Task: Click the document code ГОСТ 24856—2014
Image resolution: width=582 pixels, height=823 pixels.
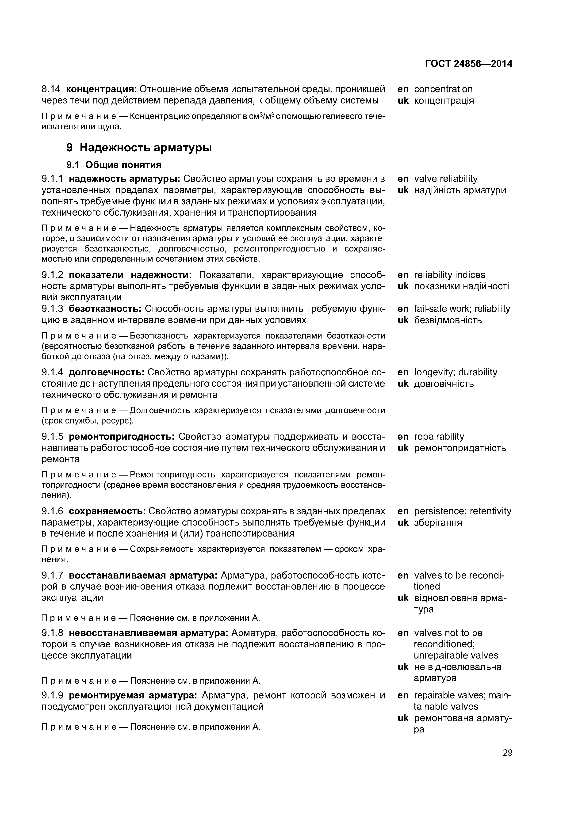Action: tap(468, 64)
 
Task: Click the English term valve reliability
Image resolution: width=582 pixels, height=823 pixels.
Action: tap(446, 179)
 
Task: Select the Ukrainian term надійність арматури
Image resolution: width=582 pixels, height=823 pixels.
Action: tap(460, 190)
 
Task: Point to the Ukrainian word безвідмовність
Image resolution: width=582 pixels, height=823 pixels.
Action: tap(448, 320)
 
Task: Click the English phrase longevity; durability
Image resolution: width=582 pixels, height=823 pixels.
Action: tap(456, 372)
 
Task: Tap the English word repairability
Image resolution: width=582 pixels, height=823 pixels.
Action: tap(439, 437)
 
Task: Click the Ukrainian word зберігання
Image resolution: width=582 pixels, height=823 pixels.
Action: tap(438, 523)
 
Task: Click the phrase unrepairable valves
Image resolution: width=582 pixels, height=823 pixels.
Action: tap(456, 655)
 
